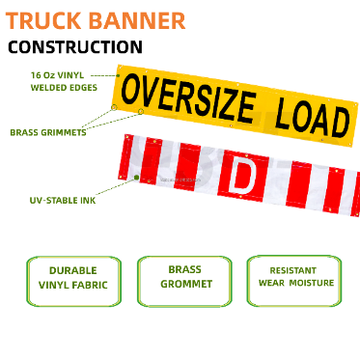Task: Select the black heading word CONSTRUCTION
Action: [x=75, y=46]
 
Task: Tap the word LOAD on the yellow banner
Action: [x=311, y=115]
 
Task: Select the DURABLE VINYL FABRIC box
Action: [x=66, y=279]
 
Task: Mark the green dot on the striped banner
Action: [x=137, y=178]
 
